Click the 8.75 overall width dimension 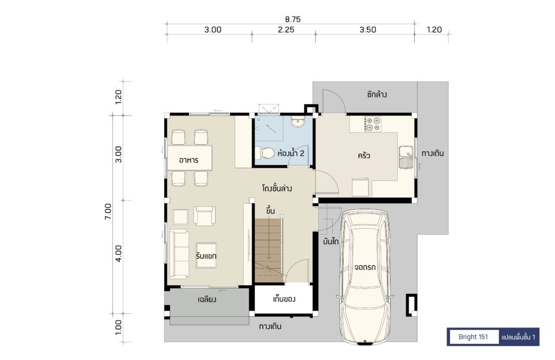coord(293,20)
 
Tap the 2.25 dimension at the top coord(286,30)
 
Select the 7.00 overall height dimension coord(108,211)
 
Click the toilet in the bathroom coord(264,153)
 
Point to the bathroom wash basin coord(298,122)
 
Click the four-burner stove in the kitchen coord(373,124)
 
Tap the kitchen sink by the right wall coord(406,157)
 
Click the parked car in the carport coord(365,277)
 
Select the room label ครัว coord(364,156)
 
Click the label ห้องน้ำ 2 coord(291,153)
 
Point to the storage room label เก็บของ coord(284,299)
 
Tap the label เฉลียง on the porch coord(206,299)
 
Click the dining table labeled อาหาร coord(190,158)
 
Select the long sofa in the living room coord(179,254)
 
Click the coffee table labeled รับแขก coord(206,255)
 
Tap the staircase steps coord(269,250)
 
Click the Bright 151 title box coord(473,337)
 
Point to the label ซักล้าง coord(377,94)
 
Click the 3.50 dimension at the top coord(368,30)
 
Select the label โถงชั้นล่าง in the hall coord(277,188)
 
